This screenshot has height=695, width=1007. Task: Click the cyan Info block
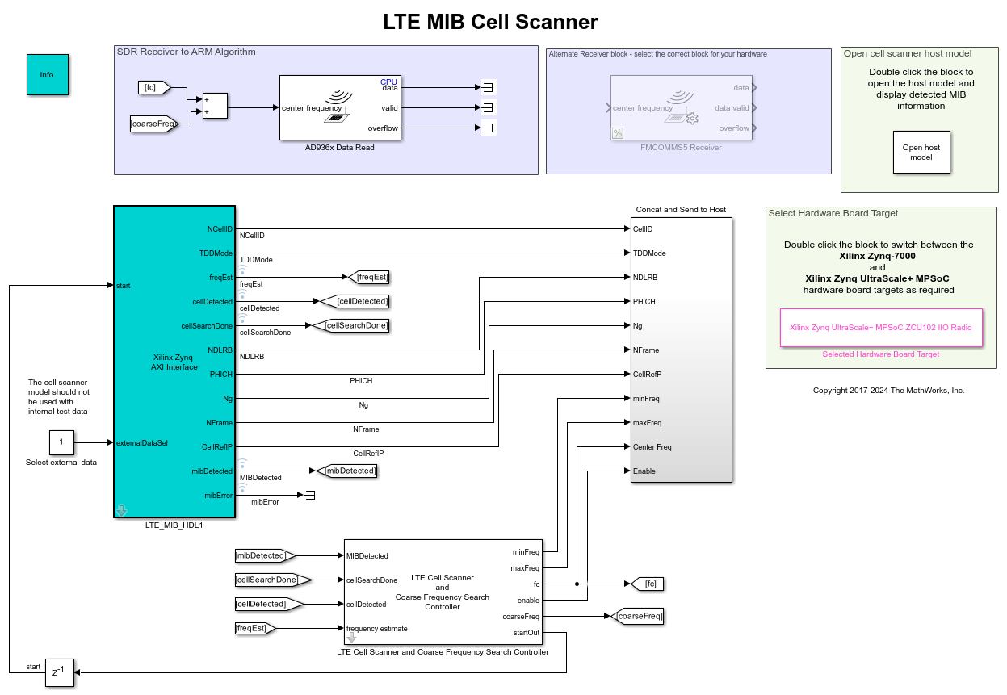(47, 75)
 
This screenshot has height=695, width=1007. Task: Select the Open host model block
(921, 153)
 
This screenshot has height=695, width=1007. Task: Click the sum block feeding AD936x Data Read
(215, 107)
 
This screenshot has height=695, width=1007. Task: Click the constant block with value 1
(61, 442)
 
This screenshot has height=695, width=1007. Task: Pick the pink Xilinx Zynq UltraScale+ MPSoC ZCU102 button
(880, 328)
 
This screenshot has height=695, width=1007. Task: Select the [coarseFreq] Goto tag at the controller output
(638, 617)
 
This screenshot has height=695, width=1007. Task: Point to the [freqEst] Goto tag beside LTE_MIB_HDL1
(371, 278)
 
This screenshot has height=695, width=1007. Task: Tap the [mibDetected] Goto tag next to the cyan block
(348, 471)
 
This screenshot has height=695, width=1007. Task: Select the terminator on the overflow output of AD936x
(487, 128)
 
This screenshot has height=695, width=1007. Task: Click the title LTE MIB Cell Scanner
(490, 22)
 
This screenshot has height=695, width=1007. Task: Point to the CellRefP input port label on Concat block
(648, 374)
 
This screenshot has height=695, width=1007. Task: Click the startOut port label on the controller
(526, 633)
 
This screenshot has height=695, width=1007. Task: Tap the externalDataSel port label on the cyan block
(142, 442)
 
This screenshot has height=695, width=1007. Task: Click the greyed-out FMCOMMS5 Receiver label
(682, 147)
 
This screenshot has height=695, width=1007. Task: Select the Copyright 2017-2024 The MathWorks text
(888, 390)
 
